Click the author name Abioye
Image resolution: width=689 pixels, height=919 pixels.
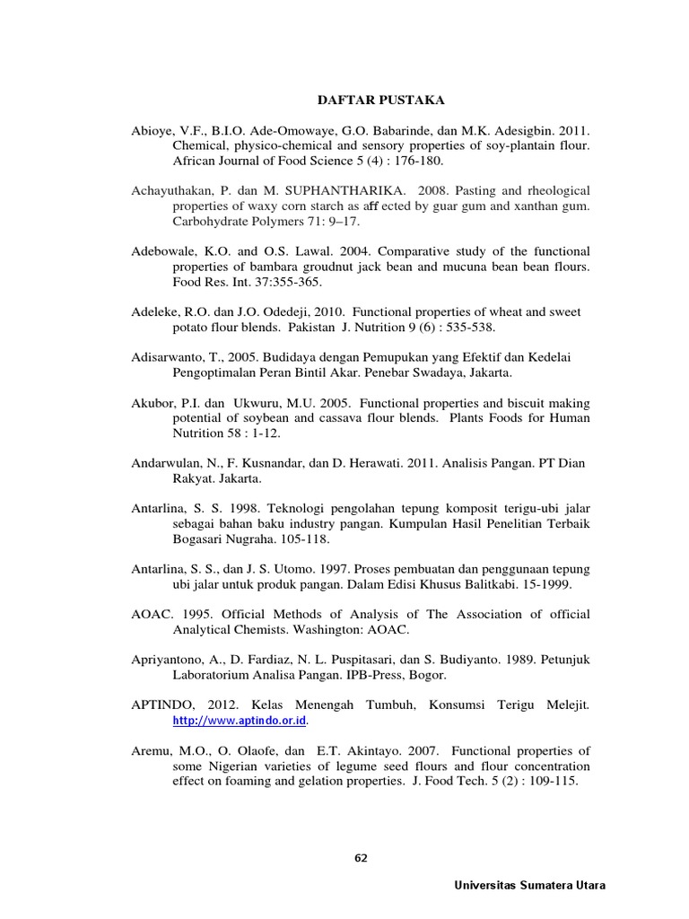[x=153, y=130]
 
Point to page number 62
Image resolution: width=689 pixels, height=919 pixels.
[x=361, y=857]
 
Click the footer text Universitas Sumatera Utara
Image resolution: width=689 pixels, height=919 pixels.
[x=529, y=885]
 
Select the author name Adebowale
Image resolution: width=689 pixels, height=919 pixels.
[x=164, y=251]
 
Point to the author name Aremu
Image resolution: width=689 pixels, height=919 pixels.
[x=153, y=750]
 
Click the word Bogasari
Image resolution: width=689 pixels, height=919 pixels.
[x=201, y=539]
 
